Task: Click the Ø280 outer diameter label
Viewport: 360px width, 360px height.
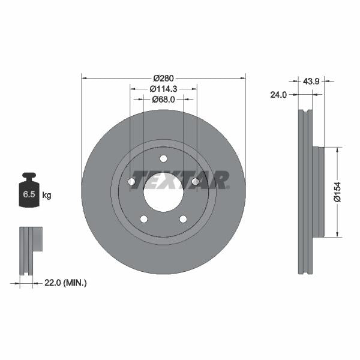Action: (163, 79)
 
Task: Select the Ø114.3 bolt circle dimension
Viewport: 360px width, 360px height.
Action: (163, 89)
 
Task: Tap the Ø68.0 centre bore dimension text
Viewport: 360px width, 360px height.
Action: (163, 100)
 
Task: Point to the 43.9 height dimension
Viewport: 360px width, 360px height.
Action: (311, 81)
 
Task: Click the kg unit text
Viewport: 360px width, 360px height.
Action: (47, 196)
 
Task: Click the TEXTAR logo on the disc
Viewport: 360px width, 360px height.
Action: (180, 179)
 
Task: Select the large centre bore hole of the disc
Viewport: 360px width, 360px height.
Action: (163, 192)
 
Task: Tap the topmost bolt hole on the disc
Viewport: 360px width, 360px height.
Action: (163, 158)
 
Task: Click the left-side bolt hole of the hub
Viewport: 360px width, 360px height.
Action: (132, 181)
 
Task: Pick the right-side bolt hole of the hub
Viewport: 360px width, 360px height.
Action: (195, 181)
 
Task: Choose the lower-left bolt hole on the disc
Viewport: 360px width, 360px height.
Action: (144, 218)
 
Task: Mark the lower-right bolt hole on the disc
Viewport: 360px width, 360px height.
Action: (183, 218)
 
